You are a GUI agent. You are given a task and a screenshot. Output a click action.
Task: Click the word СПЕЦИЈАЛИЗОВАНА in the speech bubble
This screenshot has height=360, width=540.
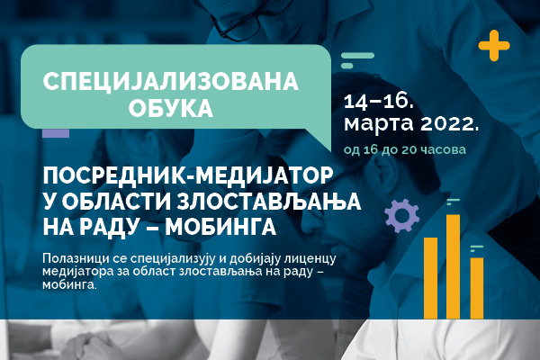coord(170,81)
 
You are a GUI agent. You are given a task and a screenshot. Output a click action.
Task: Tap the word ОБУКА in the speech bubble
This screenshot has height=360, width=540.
coord(171,108)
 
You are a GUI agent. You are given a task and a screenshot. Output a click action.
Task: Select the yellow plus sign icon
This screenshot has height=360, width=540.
coord(494,46)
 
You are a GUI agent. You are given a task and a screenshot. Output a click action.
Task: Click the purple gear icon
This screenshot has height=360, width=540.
coord(402,216)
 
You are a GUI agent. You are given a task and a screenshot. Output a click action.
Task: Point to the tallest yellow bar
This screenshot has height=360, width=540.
coord(453,266)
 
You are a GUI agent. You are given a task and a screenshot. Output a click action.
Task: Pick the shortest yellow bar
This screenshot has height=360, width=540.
coord(477,288)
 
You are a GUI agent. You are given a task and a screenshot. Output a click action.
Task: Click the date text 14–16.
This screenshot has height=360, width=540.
coord(378,102)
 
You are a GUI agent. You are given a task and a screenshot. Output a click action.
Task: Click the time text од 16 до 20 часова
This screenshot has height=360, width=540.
coord(405,150)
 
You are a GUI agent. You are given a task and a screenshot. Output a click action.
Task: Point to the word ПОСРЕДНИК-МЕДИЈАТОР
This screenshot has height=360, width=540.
coord(188,176)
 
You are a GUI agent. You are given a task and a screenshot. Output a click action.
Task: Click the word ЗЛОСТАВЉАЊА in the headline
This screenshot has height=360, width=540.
coord(268,202)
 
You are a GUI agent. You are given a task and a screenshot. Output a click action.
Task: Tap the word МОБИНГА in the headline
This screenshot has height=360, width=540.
coord(220,227)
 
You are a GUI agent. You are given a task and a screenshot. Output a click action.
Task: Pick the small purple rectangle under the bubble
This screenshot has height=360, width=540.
coord(56,133)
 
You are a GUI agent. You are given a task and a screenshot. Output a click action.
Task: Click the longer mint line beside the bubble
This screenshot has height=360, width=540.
coord(357,56)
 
